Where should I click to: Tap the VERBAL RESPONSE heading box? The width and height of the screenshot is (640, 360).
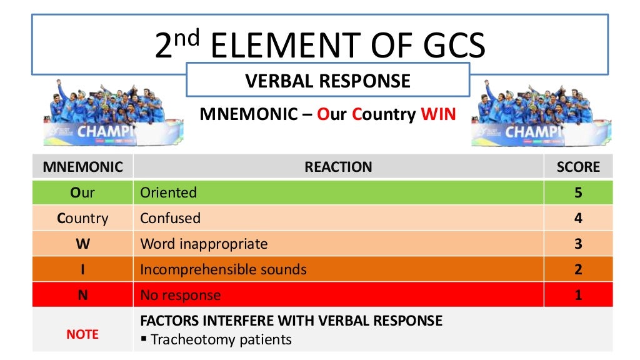coord(327,81)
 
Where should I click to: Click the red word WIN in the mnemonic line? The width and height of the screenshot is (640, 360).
coord(438,115)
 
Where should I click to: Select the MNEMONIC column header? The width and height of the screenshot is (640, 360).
coord(82,167)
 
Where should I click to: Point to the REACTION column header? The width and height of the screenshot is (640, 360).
coord(338,167)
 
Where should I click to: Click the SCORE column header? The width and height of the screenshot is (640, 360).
coord(578,167)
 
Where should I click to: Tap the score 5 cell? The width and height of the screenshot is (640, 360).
coord(578,192)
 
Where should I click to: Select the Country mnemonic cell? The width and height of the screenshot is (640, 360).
coord(82,218)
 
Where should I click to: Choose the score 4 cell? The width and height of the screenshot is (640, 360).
coord(578,218)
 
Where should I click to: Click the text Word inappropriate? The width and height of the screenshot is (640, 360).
coord(204,244)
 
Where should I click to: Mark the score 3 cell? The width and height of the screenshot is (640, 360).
coord(578,244)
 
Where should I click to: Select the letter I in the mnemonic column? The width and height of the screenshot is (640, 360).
coord(82,269)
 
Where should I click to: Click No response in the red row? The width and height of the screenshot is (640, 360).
coord(180,295)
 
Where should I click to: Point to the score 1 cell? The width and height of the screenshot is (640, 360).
coord(578,295)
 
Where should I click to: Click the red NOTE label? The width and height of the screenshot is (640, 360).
coord(82,334)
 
